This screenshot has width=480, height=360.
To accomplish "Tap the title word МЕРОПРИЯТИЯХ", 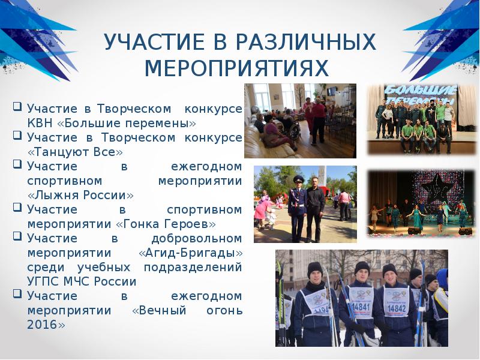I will click(x=237, y=68).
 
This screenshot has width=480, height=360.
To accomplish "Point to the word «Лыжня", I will click(x=55, y=196).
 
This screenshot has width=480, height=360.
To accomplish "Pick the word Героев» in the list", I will click(x=191, y=224).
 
